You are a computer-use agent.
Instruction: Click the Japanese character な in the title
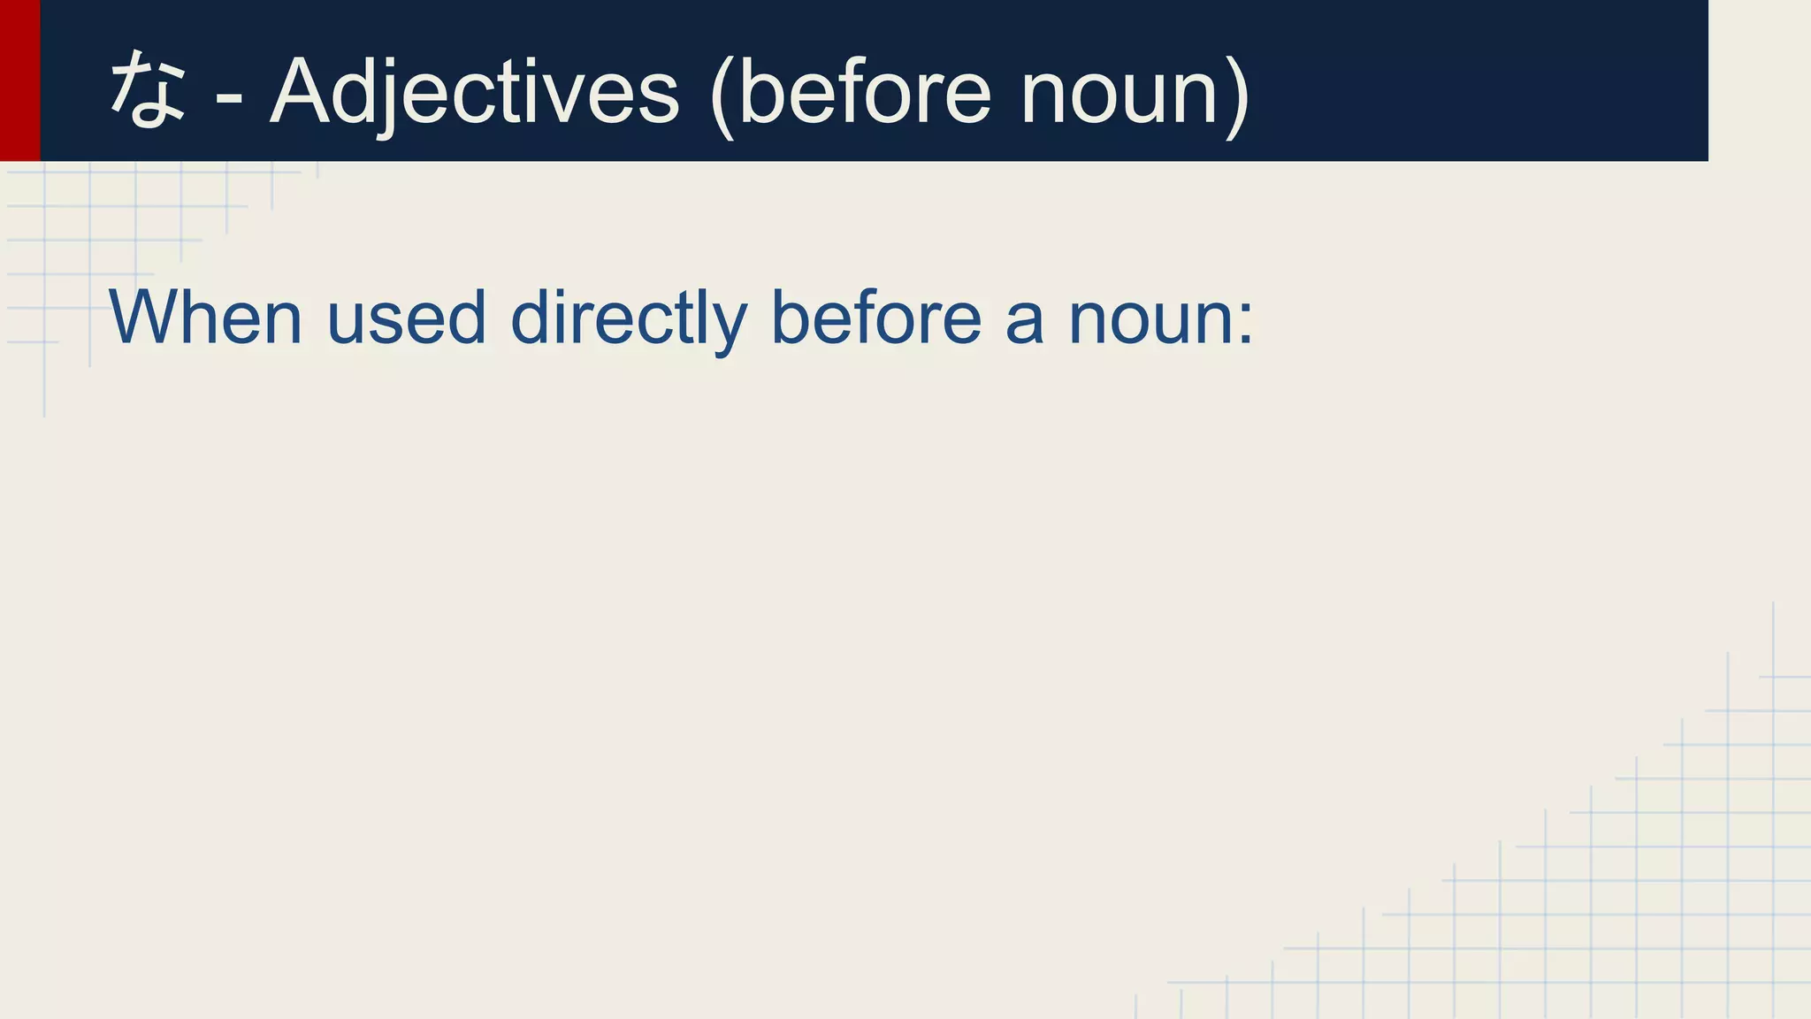[x=148, y=89]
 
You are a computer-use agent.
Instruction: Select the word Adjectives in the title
[x=474, y=92]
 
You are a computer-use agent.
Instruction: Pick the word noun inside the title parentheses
[x=1119, y=92]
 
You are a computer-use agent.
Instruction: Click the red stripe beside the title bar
[x=19, y=80]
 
